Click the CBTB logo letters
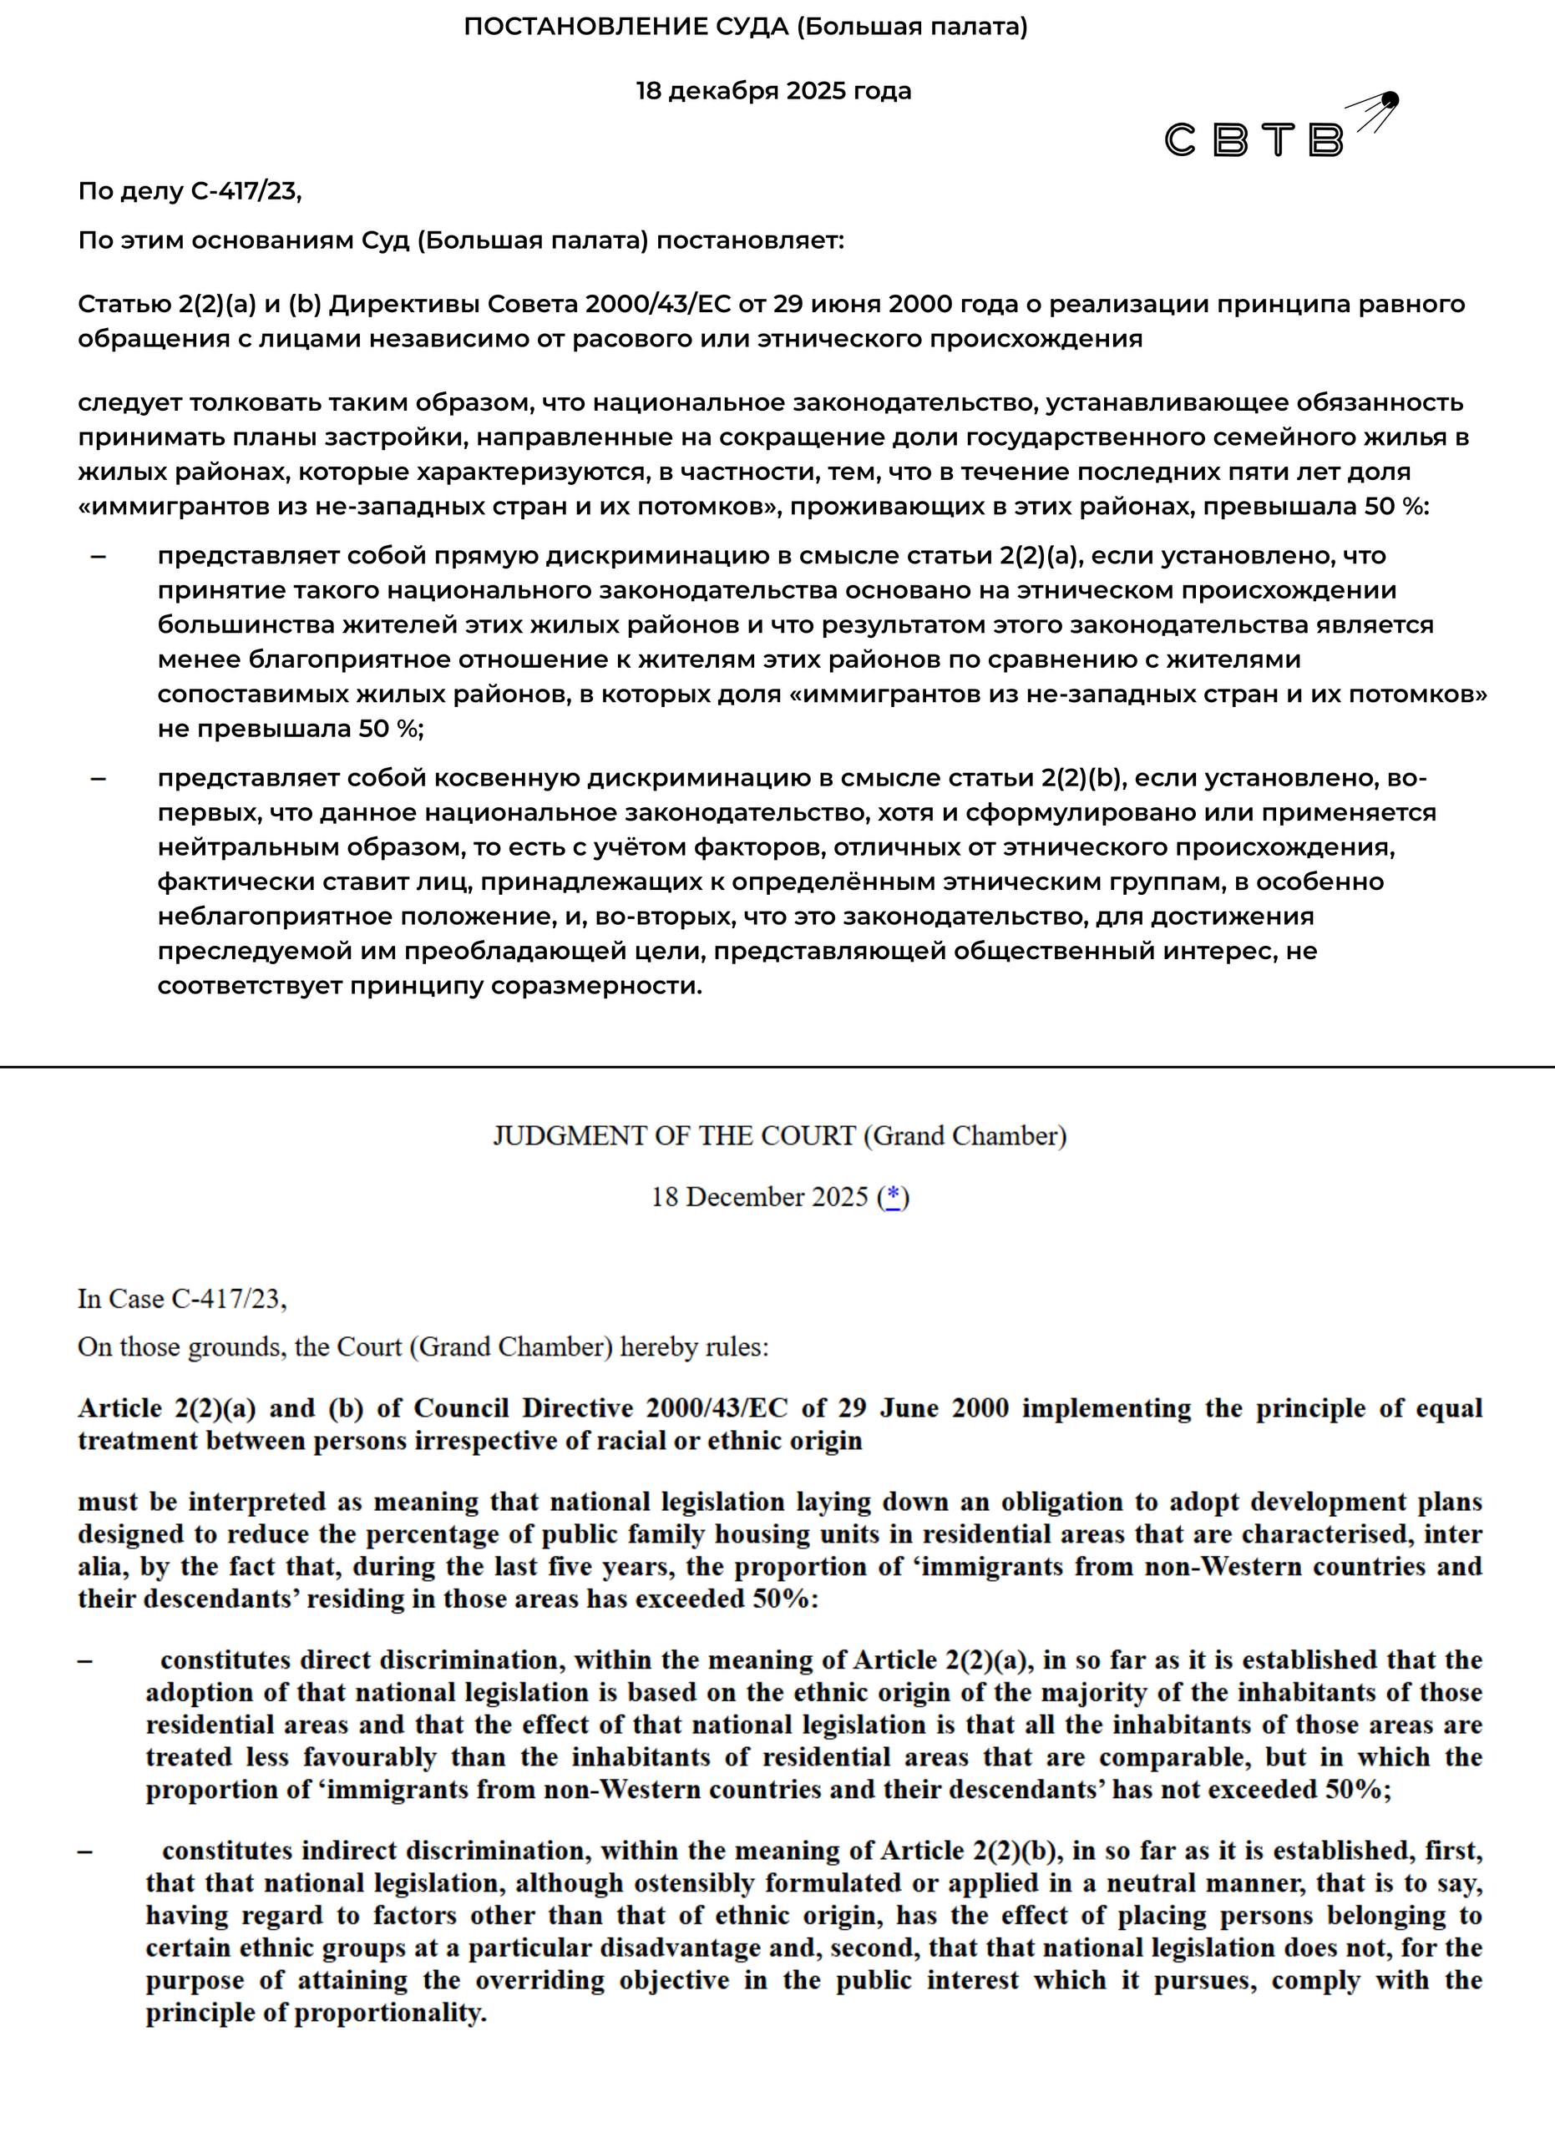click(x=1254, y=140)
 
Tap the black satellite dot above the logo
click(x=1390, y=100)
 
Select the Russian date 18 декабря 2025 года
click(x=772, y=91)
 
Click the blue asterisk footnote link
click(x=894, y=1197)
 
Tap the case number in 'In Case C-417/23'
click(x=227, y=1300)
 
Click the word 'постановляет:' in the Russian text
click(x=750, y=241)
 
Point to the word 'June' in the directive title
click(x=909, y=1408)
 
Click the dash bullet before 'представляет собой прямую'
click(x=98, y=556)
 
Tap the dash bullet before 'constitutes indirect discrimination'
click(x=86, y=1851)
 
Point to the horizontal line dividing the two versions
click(x=777, y=1067)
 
